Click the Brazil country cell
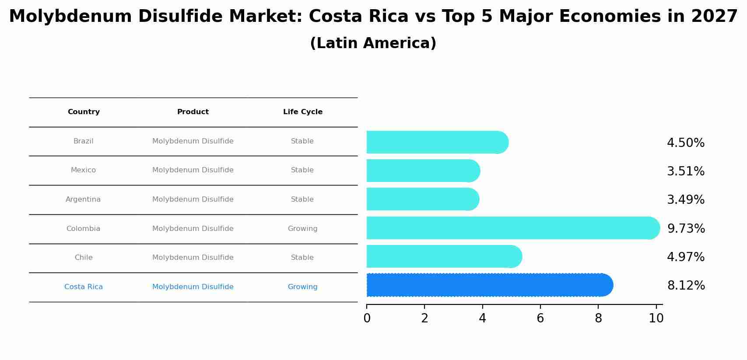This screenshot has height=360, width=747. (x=83, y=141)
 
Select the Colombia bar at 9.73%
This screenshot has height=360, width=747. (x=512, y=228)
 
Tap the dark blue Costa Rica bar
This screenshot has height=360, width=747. (x=488, y=285)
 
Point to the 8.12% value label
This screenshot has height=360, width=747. (x=686, y=286)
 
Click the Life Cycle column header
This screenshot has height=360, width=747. (x=302, y=112)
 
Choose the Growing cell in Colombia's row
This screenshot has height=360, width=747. (x=302, y=229)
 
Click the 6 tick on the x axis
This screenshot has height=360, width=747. (x=540, y=318)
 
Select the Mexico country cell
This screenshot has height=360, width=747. (x=83, y=170)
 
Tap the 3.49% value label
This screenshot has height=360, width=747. (x=685, y=200)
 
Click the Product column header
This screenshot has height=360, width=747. (x=193, y=112)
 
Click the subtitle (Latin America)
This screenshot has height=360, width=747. (x=373, y=43)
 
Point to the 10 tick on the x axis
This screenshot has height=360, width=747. (x=656, y=318)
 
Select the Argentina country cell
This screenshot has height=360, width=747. (x=83, y=199)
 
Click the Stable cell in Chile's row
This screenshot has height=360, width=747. (x=302, y=258)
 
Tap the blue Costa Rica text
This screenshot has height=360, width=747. (x=83, y=287)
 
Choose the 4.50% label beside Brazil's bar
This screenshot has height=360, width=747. (x=685, y=143)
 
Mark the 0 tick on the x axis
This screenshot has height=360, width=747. (x=367, y=318)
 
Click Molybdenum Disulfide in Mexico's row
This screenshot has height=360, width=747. (x=193, y=170)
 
